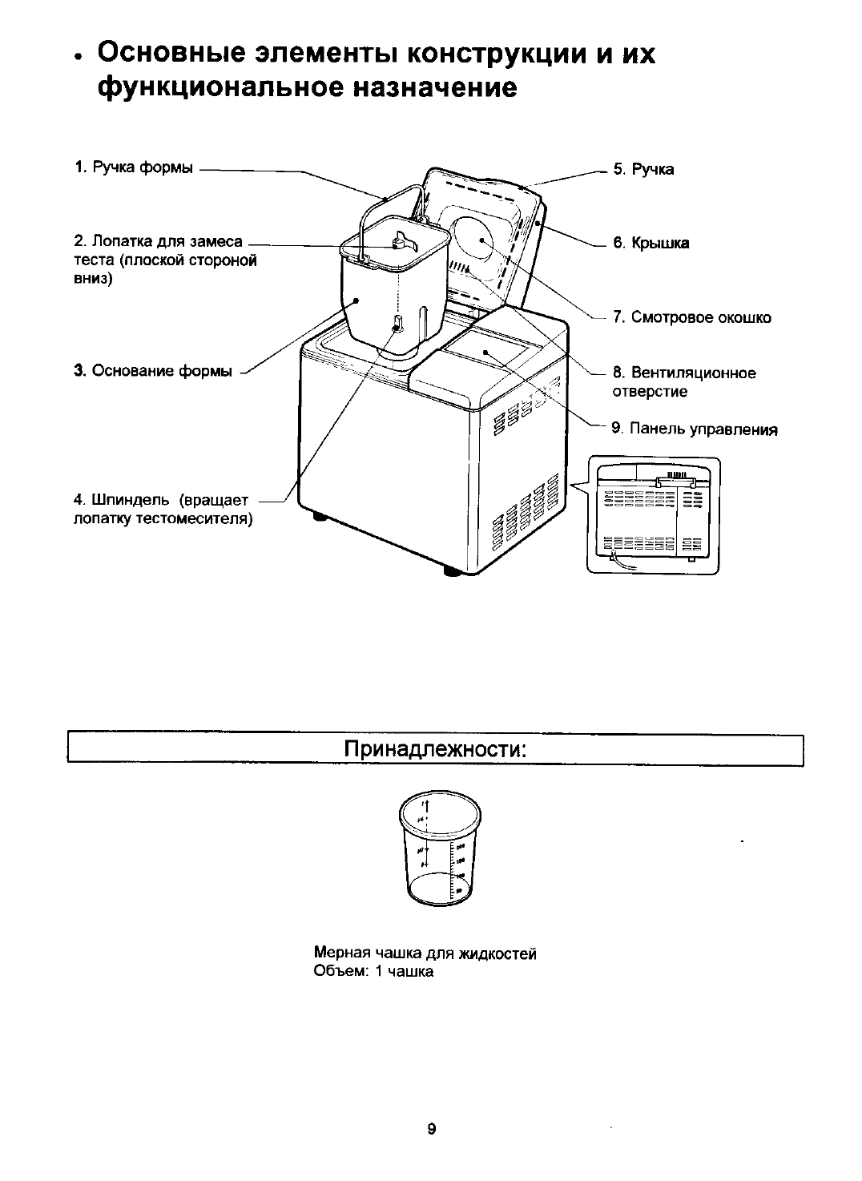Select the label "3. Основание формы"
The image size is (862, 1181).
[154, 370]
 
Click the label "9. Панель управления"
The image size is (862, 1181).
[695, 429]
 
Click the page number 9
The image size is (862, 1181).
[431, 1129]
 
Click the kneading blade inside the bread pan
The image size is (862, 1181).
[400, 240]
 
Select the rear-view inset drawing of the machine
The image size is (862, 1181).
[653, 514]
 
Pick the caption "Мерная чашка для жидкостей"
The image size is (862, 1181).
[425, 953]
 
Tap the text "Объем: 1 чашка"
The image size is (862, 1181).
[374, 971]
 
